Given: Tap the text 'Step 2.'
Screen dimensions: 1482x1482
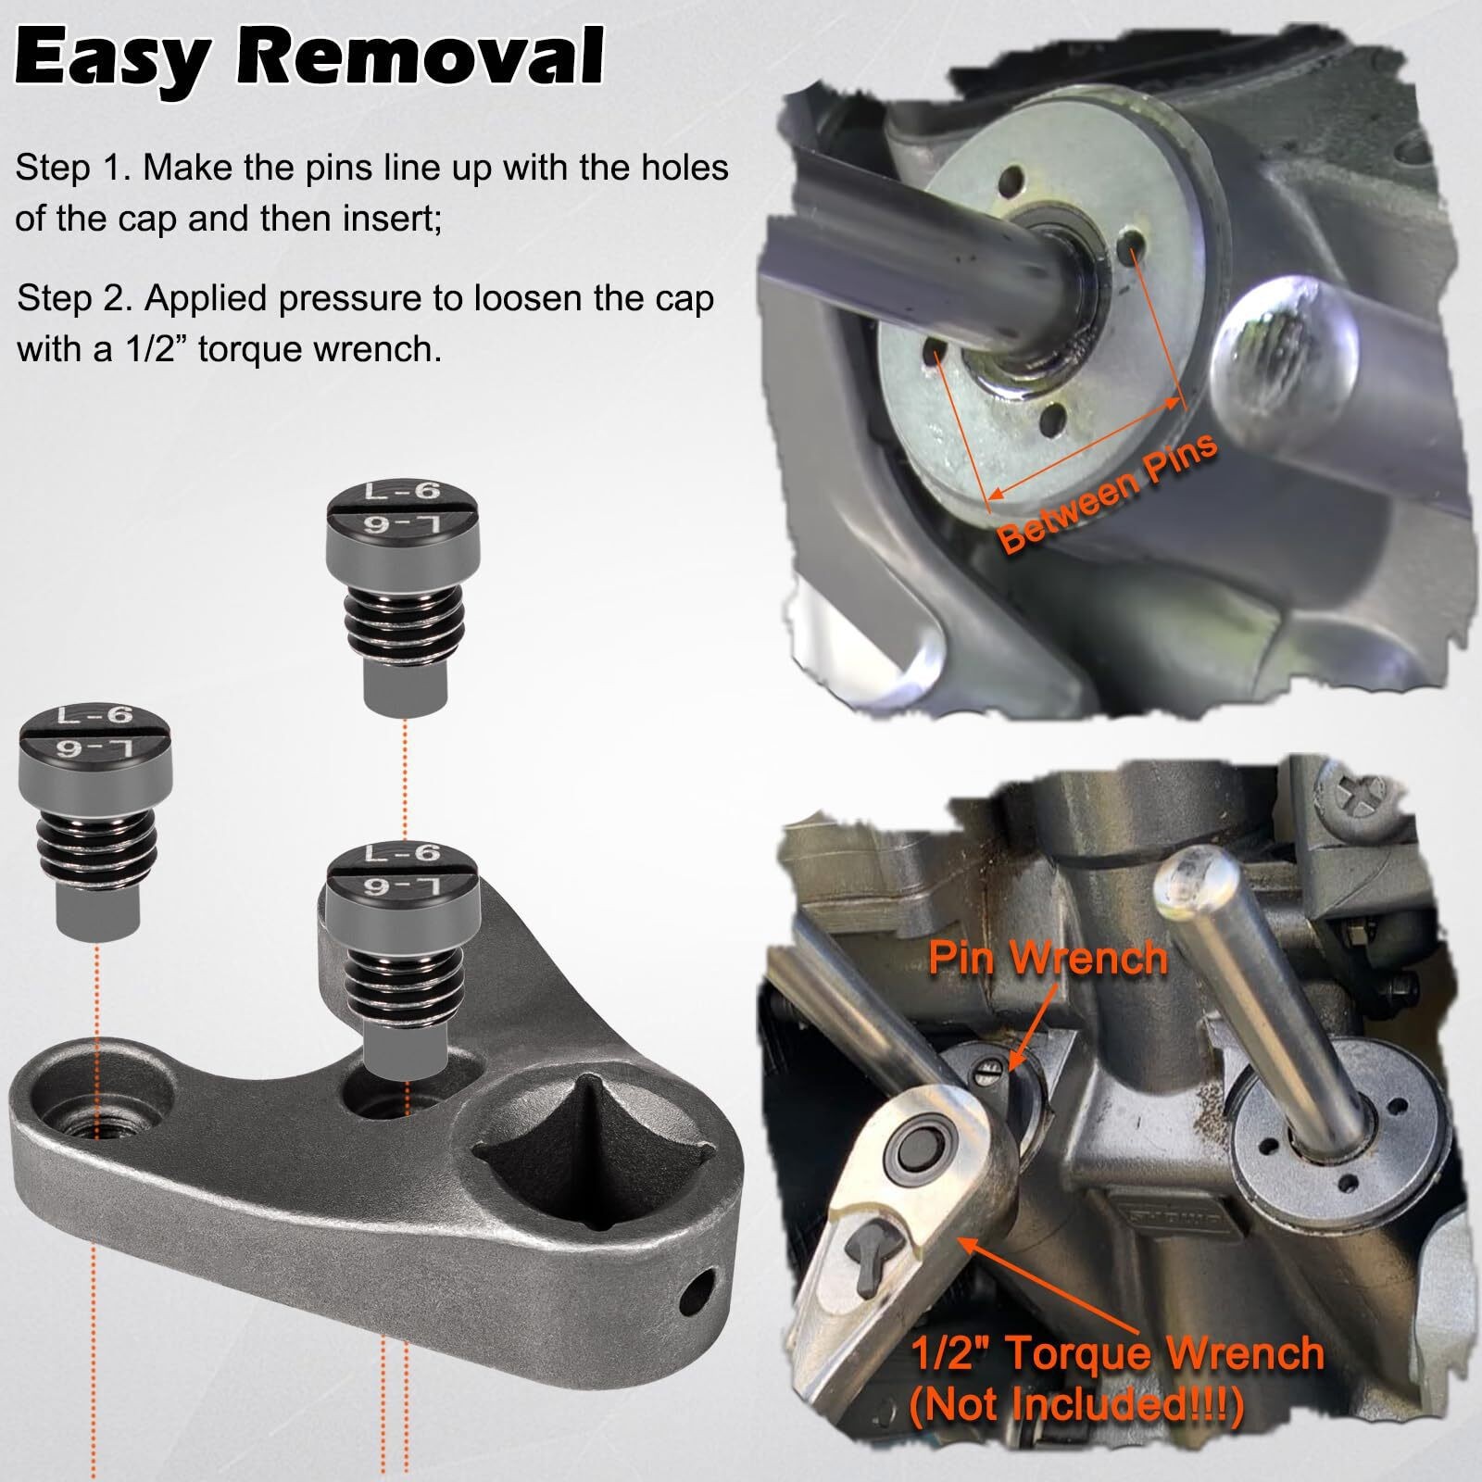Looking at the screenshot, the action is coord(75,298).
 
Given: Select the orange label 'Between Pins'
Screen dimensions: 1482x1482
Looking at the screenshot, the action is coord(1108,494).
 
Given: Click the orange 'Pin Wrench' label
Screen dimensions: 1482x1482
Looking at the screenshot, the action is coord(1048,957).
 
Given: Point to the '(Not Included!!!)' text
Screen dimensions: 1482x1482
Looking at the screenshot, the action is coord(1077,1406).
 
